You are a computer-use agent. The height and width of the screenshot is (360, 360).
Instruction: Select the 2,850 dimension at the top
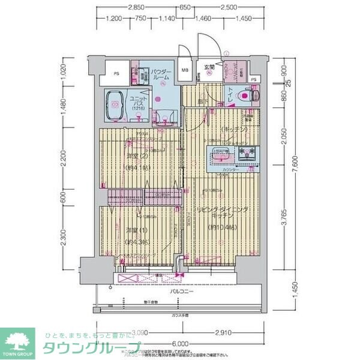pyautogui.click(x=136, y=7)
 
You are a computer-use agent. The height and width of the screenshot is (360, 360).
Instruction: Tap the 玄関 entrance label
pyautogui.click(x=209, y=67)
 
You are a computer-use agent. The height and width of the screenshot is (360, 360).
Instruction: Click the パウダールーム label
pyautogui.click(x=161, y=74)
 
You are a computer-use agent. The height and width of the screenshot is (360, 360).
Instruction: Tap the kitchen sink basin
pyautogui.click(x=223, y=157)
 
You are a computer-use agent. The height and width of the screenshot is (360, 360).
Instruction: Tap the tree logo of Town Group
pyautogui.click(x=19, y=340)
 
